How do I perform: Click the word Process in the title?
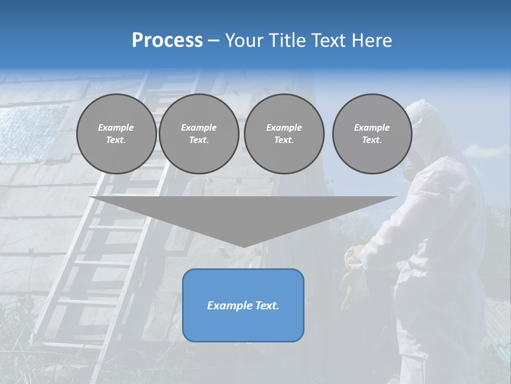tap(167, 40)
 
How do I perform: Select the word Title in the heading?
tap(286, 40)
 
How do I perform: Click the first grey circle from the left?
tap(116, 134)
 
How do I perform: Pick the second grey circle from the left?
tap(199, 134)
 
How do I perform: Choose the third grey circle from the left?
tap(284, 134)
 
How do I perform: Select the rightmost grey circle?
tap(372, 134)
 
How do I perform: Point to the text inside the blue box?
tap(243, 306)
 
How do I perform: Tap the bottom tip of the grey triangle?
tap(243, 246)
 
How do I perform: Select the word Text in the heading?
tap(328, 40)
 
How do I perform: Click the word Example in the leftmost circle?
tap(116, 127)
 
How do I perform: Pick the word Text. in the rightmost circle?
tap(372, 140)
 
